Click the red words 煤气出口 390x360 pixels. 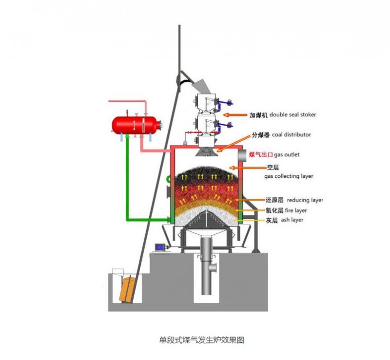click(260, 154)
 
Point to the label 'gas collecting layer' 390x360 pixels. click(289, 176)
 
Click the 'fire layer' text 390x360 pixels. click(296, 210)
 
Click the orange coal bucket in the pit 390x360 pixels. click(128, 290)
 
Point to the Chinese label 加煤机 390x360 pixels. click(258, 115)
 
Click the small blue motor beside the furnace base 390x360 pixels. click(160, 247)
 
